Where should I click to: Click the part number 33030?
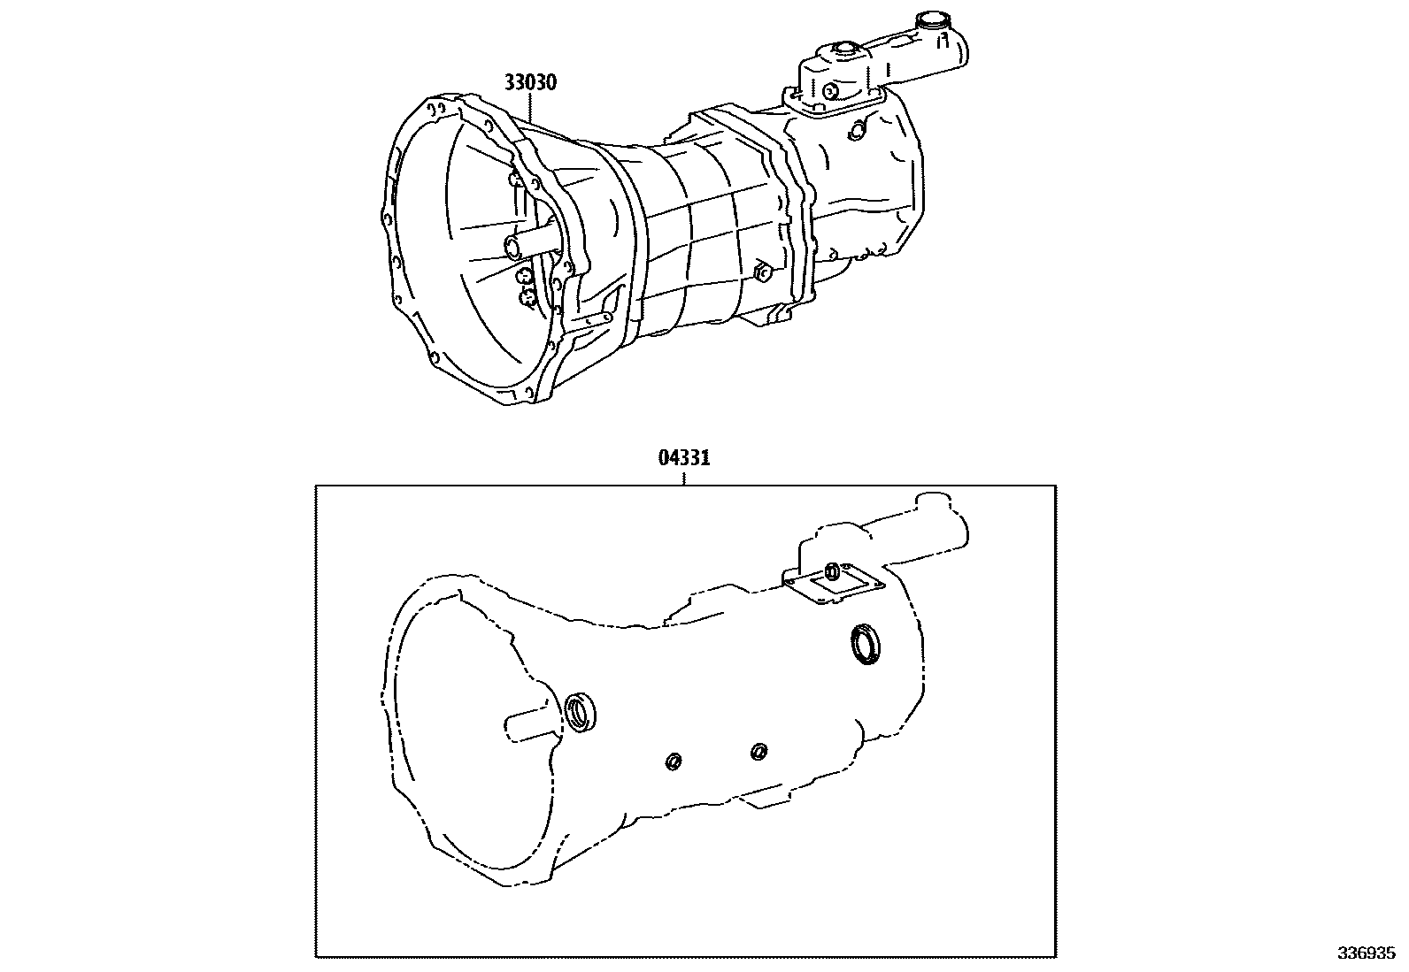[x=530, y=83]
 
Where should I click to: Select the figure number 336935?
[x=1366, y=954]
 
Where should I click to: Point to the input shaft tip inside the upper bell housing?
[x=510, y=244]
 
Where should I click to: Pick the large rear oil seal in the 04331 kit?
[x=865, y=642]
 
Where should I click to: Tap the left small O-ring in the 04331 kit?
[x=674, y=761]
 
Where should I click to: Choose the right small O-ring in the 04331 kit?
[x=758, y=752]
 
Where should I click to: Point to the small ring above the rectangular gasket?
[x=832, y=569]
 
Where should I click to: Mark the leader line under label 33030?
[x=530, y=107]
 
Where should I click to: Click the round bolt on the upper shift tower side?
[x=831, y=91]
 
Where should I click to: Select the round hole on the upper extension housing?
[x=855, y=130]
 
